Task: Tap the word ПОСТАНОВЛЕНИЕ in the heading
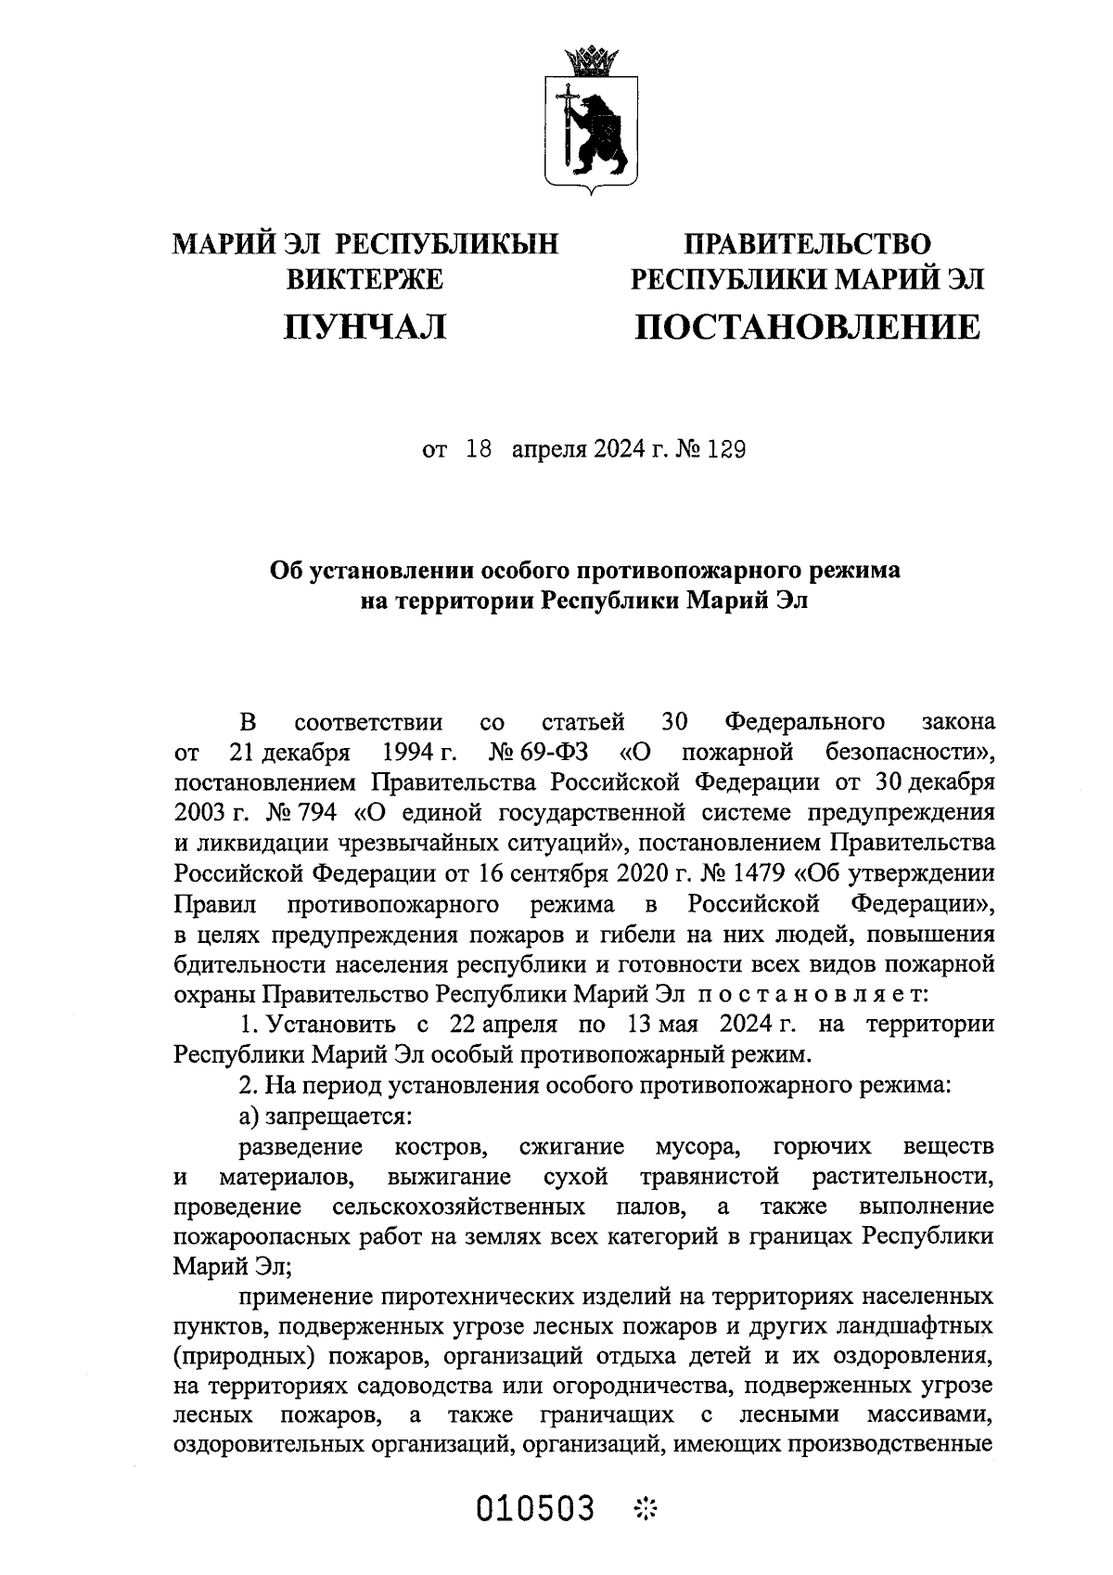click(806, 326)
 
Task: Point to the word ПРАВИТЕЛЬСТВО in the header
click(806, 244)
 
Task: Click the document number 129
click(726, 450)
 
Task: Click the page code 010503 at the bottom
click(535, 1508)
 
